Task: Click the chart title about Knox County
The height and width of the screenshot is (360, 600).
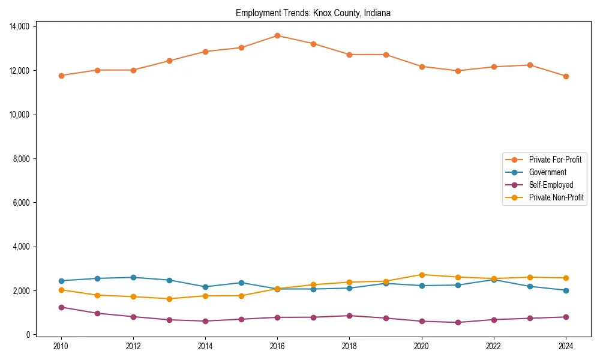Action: pos(313,13)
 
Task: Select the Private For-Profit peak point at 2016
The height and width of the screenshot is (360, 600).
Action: pos(277,35)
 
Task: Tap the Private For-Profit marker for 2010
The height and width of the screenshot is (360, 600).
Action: pos(61,76)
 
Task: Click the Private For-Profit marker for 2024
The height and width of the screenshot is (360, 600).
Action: pos(566,76)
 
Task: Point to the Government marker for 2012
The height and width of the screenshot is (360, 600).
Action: pos(133,277)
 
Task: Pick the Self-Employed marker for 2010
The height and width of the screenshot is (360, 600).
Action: pos(61,307)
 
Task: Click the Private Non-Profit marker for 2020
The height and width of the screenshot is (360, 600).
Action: pos(422,275)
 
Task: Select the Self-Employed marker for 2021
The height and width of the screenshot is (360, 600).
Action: pos(458,322)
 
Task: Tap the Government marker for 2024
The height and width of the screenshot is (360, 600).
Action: pos(566,290)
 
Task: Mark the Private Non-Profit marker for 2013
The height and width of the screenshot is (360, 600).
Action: pos(169,299)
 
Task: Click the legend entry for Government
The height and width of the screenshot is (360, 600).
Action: pos(547,172)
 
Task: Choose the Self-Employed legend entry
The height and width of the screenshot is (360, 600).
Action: pos(551,185)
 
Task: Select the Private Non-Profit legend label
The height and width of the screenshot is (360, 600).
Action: pos(556,197)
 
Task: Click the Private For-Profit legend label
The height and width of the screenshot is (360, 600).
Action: pos(555,160)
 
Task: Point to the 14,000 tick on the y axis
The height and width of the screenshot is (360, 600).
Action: pos(20,26)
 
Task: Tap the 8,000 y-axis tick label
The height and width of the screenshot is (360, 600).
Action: pos(22,158)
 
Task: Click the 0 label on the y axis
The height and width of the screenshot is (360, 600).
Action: pos(29,335)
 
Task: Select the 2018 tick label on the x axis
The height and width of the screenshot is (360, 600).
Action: pos(350,346)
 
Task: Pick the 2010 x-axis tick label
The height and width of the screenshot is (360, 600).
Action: pos(61,346)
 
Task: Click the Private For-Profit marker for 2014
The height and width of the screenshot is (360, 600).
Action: pos(205,52)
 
